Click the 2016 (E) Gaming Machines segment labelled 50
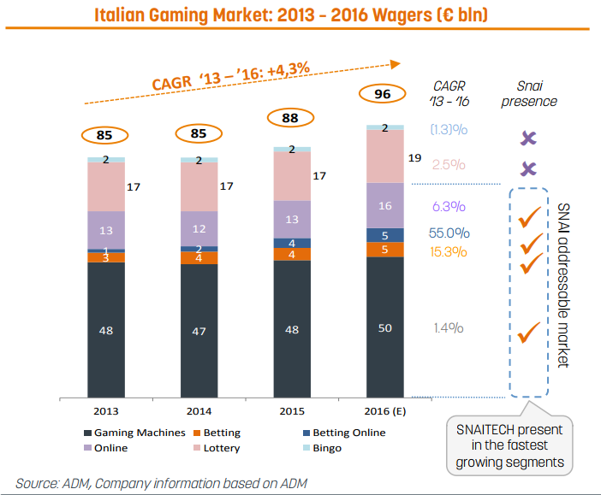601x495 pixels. (x=384, y=327)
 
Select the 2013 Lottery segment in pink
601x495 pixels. (x=106, y=186)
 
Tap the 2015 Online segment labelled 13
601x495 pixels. (x=292, y=219)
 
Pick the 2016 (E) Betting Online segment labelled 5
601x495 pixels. (x=384, y=235)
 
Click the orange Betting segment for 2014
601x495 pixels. (x=199, y=257)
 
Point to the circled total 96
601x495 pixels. (x=384, y=93)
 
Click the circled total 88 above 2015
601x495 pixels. (x=292, y=118)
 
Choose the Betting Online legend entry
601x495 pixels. (x=342, y=433)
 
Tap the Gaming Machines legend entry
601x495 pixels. (x=133, y=433)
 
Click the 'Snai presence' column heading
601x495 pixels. (x=537, y=92)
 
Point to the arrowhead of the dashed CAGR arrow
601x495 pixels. (x=396, y=62)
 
